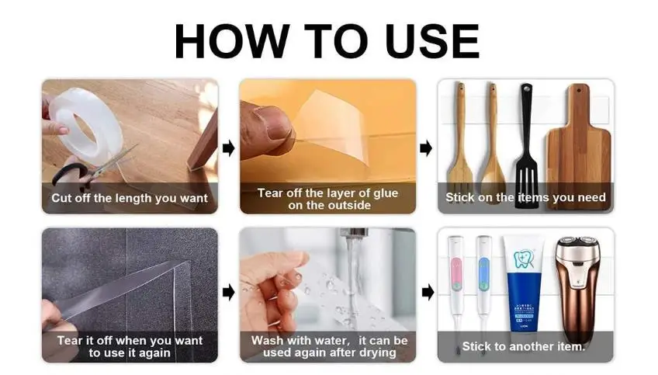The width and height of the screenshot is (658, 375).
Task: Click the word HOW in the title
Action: click(x=232, y=41)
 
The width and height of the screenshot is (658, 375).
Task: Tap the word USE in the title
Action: click(x=431, y=41)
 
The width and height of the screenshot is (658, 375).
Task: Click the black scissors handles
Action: click(x=70, y=174)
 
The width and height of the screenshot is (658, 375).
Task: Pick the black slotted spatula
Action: click(x=527, y=145)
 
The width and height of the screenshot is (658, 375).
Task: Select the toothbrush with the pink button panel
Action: click(x=455, y=289)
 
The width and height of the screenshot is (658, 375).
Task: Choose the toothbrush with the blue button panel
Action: click(x=483, y=289)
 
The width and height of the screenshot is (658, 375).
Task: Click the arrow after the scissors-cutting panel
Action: click(x=229, y=148)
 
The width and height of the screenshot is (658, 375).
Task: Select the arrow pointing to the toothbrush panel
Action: click(x=428, y=292)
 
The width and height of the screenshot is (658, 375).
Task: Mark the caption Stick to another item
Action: click(x=523, y=346)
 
